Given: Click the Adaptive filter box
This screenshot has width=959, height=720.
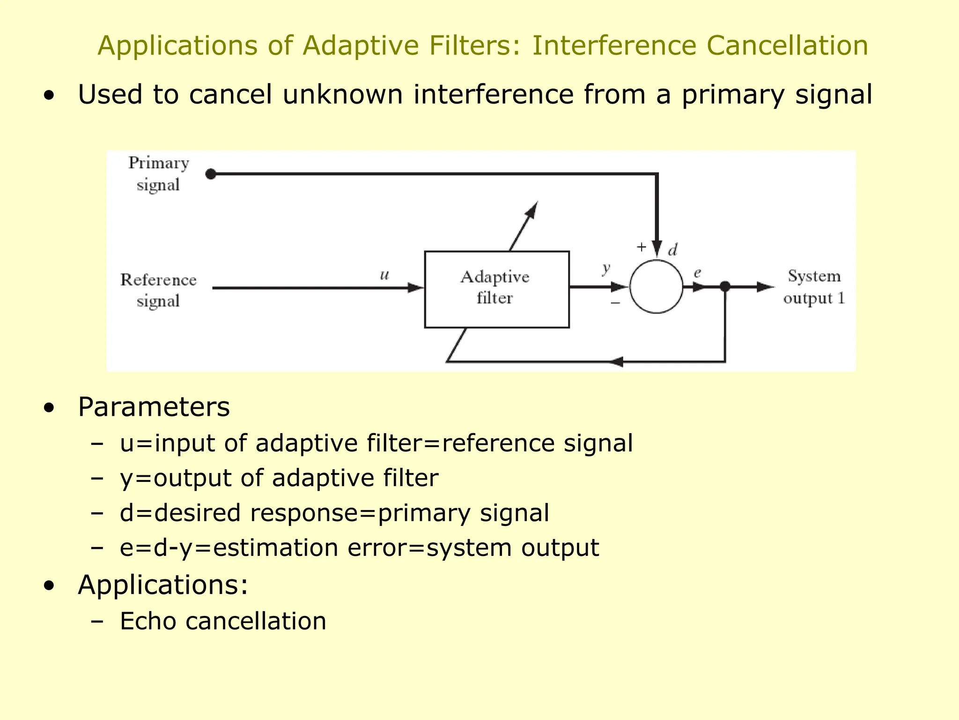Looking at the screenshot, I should (x=496, y=289).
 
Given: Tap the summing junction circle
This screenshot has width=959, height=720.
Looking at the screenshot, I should (x=656, y=286).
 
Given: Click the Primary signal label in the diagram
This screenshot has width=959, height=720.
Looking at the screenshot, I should (x=158, y=174).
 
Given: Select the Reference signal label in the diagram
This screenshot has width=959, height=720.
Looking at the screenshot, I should (x=158, y=290).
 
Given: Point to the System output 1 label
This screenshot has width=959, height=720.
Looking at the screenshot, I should (x=814, y=287).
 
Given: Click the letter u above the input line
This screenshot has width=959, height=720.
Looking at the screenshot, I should (x=384, y=275).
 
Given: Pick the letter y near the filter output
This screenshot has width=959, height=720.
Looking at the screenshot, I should (x=606, y=269).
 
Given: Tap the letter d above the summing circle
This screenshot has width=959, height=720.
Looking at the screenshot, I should (x=673, y=250).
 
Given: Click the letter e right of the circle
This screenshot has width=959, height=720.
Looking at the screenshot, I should (x=697, y=272).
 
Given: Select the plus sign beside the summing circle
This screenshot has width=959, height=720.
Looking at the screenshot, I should (x=641, y=247).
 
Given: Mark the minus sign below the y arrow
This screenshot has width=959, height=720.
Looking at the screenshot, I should (x=615, y=303).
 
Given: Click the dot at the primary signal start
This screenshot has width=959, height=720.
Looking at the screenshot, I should (x=211, y=174).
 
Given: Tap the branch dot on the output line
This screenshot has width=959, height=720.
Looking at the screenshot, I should (x=725, y=286).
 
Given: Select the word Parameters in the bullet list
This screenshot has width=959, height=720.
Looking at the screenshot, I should (x=154, y=406).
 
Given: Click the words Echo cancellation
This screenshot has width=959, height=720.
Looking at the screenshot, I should (x=223, y=621).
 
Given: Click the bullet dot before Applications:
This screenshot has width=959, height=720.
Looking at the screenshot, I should (x=49, y=585).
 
